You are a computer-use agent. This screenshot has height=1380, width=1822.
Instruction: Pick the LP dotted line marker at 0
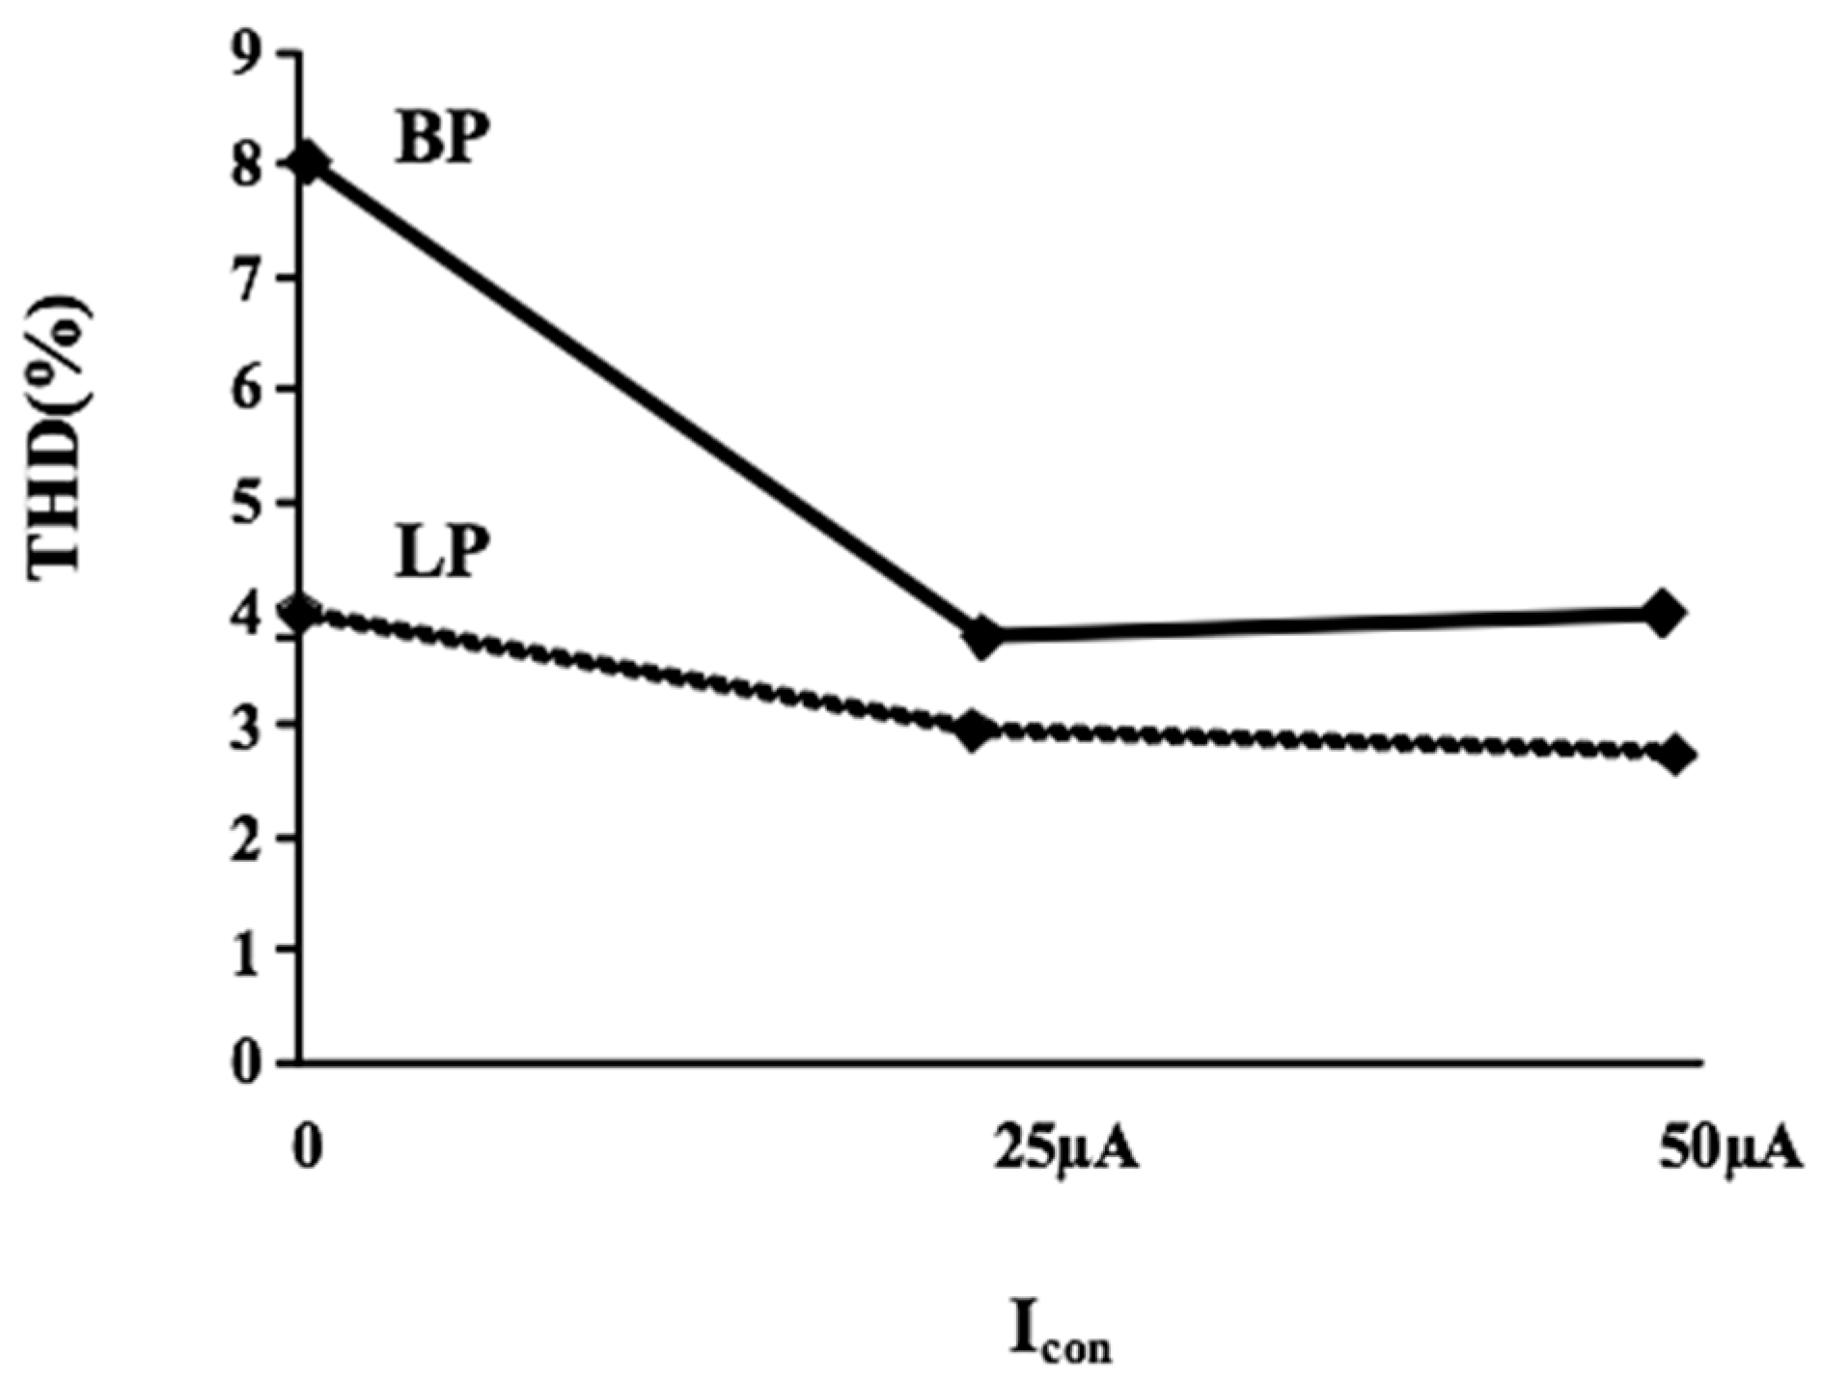click(303, 613)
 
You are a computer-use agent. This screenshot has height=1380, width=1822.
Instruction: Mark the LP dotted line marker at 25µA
click(975, 729)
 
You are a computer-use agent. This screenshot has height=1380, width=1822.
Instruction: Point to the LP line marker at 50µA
click(1675, 754)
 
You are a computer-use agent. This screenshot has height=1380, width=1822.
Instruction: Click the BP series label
click(437, 141)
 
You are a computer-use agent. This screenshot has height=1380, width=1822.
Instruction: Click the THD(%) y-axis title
click(60, 439)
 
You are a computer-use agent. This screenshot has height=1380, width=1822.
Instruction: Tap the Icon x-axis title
click(1060, 1330)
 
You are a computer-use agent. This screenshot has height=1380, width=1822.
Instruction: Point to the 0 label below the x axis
click(307, 1151)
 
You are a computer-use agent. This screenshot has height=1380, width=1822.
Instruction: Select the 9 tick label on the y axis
click(246, 56)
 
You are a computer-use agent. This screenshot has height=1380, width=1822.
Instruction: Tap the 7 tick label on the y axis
click(246, 279)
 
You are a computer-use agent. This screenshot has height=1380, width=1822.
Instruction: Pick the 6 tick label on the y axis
click(246, 390)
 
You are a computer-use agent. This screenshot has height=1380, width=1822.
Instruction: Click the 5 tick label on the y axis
click(246, 502)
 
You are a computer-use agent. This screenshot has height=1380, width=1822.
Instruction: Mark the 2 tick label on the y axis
click(246, 838)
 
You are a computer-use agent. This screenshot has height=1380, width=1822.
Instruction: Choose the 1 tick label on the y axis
click(246, 950)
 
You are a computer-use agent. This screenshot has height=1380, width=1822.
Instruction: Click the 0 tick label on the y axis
click(246, 1063)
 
